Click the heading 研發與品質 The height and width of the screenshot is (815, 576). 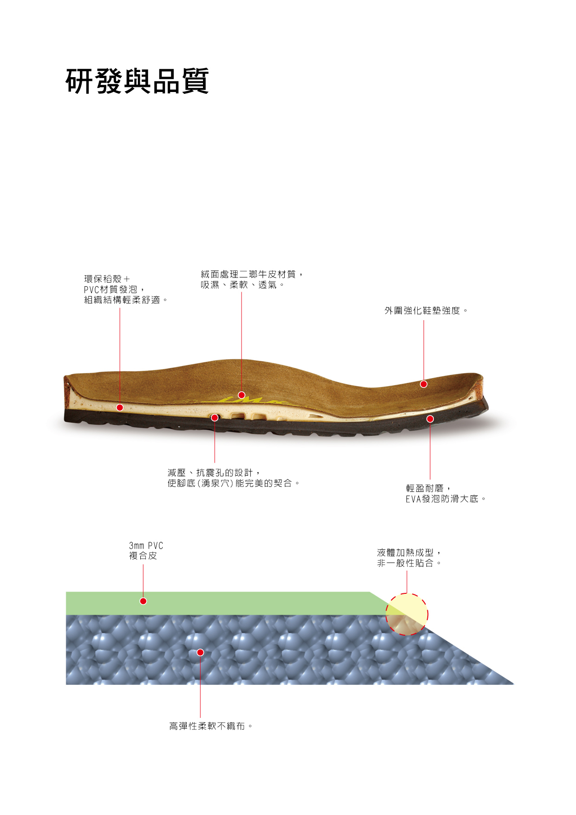click(137, 82)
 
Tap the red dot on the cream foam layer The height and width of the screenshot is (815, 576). click(120, 407)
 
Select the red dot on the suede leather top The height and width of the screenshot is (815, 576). click(242, 395)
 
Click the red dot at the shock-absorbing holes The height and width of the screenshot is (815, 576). click(215, 418)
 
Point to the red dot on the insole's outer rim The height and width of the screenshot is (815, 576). click(424, 384)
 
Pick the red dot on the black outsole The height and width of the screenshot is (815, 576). click(430, 419)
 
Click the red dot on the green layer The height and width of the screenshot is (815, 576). click(144, 601)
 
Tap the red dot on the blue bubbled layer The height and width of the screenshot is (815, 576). click(200, 652)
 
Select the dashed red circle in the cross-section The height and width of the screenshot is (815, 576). click(407, 614)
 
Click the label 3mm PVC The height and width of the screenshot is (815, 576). click(146, 546)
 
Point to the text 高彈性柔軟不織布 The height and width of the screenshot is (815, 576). click(207, 726)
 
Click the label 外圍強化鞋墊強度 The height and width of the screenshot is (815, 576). click(422, 310)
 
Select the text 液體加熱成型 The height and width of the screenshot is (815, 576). click(406, 552)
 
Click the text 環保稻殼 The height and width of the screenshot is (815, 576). click(103, 279)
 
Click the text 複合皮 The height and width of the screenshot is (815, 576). click(143, 556)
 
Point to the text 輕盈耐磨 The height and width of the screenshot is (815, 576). click(425, 488)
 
